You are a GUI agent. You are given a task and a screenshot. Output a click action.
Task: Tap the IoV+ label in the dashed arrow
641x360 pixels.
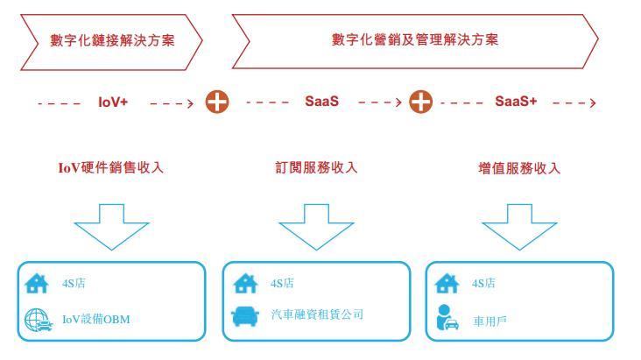(x=112, y=102)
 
